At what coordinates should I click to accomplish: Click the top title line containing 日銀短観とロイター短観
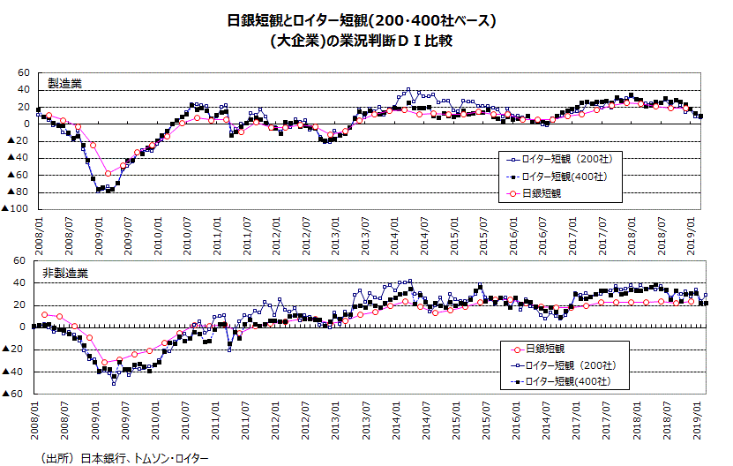pyautogui.click(x=367, y=19)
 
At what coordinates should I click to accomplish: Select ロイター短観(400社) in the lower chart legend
pyautogui.click(x=568, y=381)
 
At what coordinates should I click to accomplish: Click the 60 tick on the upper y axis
pyautogui.click(x=24, y=73)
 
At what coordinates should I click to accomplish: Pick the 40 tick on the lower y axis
pyautogui.click(x=24, y=282)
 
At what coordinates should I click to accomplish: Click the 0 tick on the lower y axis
pyautogui.click(x=26, y=327)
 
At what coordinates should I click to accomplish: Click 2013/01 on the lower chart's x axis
pyautogui.click(x=335, y=417)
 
